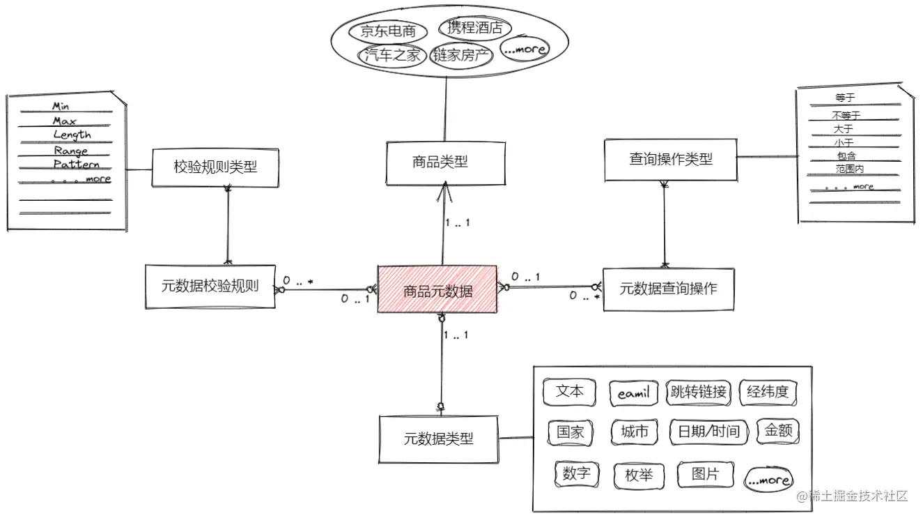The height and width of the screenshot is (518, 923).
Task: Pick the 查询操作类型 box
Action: pyautogui.click(x=670, y=160)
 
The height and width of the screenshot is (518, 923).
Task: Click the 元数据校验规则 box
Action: pyautogui.click(x=210, y=285)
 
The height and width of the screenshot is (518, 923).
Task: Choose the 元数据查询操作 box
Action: pyautogui.click(x=668, y=288)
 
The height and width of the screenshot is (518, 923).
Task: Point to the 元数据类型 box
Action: pyautogui.click(x=439, y=439)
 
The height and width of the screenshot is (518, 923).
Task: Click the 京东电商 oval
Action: pyautogui.click(x=388, y=31)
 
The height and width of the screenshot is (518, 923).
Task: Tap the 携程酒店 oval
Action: pyautogui.click(x=474, y=28)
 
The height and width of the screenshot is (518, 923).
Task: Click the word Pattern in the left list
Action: pyautogui.click(x=76, y=165)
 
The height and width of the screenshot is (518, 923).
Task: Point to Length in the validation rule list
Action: pyautogui.click(x=72, y=135)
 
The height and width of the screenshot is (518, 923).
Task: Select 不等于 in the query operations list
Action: pyautogui.click(x=846, y=115)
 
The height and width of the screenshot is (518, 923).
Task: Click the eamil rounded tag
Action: pyautogui.click(x=633, y=393)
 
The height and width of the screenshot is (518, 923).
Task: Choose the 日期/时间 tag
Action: pyautogui.click(x=708, y=432)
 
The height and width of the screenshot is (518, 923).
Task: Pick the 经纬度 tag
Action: pyautogui.click(x=767, y=392)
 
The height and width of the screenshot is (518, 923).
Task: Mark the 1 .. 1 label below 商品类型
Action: pyautogui.click(x=457, y=223)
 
